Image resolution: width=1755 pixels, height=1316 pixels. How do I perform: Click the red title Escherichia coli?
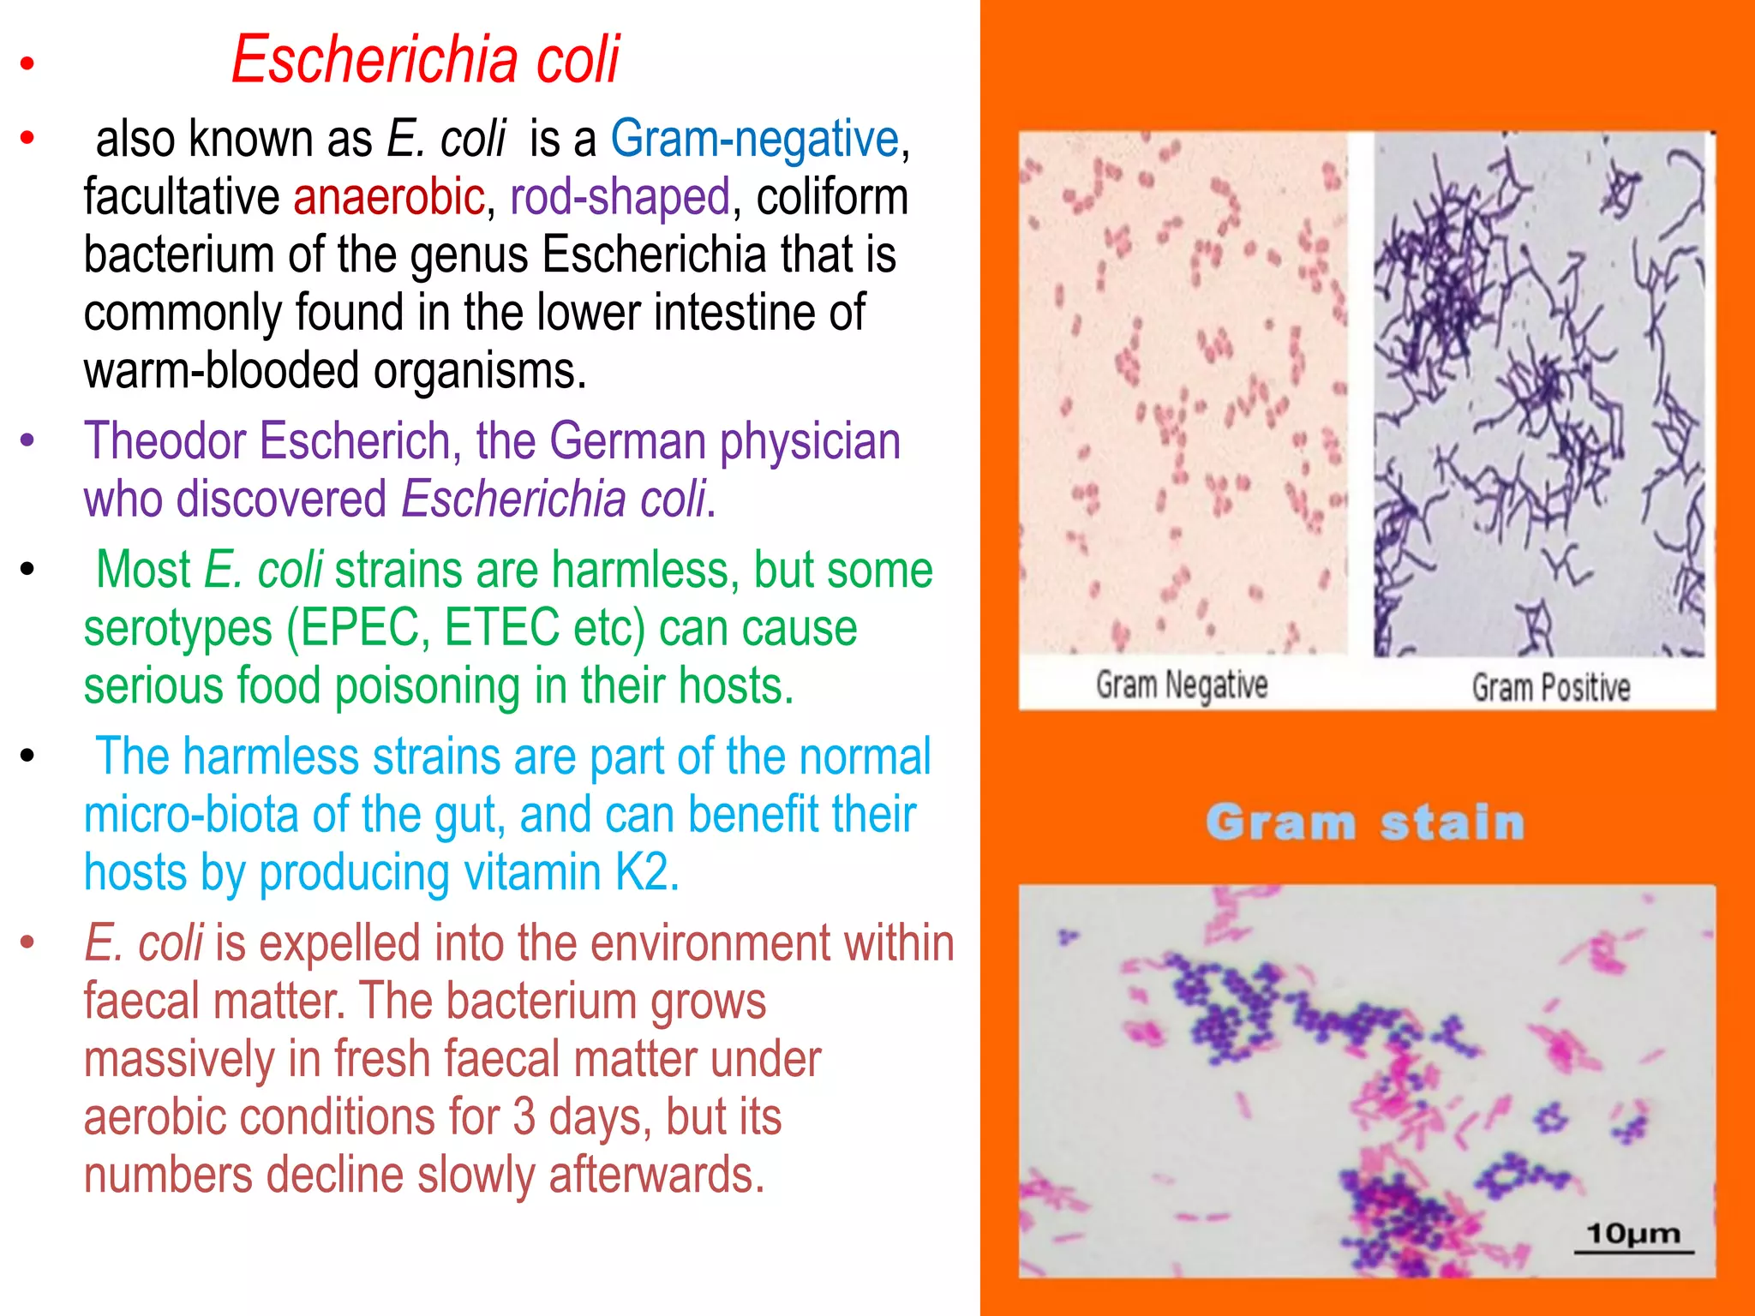pyautogui.click(x=425, y=60)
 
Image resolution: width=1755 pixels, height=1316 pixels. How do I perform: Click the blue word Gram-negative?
pyautogui.click(x=754, y=139)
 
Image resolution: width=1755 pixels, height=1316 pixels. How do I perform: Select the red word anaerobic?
pyautogui.click(x=389, y=197)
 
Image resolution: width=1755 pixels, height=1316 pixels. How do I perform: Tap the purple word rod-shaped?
pyautogui.click(x=620, y=197)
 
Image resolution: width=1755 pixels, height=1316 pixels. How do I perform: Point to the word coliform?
pyautogui.click(x=831, y=197)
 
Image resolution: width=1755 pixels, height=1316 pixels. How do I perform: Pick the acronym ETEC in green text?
pyautogui.click(x=501, y=628)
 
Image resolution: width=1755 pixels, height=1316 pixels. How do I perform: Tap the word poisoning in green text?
pyautogui.click(x=427, y=687)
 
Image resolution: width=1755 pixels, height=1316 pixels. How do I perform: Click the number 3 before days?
pyautogui.click(x=524, y=1117)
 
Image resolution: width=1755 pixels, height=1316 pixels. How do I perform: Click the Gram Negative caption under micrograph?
pyautogui.click(x=1181, y=685)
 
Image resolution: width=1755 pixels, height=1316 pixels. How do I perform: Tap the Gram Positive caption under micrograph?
pyautogui.click(x=1550, y=688)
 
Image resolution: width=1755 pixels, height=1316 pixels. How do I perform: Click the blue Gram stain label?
pyautogui.click(x=1365, y=822)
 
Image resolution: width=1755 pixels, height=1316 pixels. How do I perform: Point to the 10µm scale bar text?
pyautogui.click(x=1632, y=1235)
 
